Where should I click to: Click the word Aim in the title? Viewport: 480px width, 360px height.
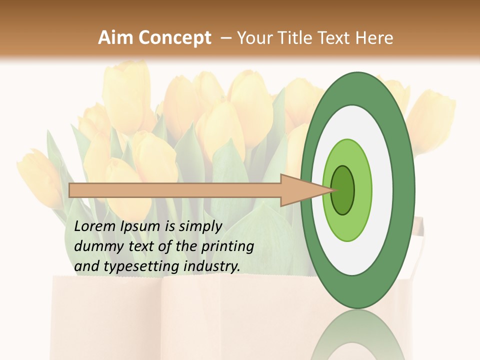115,38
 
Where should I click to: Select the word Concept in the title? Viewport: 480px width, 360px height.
174,38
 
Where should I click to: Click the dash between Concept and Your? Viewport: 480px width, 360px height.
225,38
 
